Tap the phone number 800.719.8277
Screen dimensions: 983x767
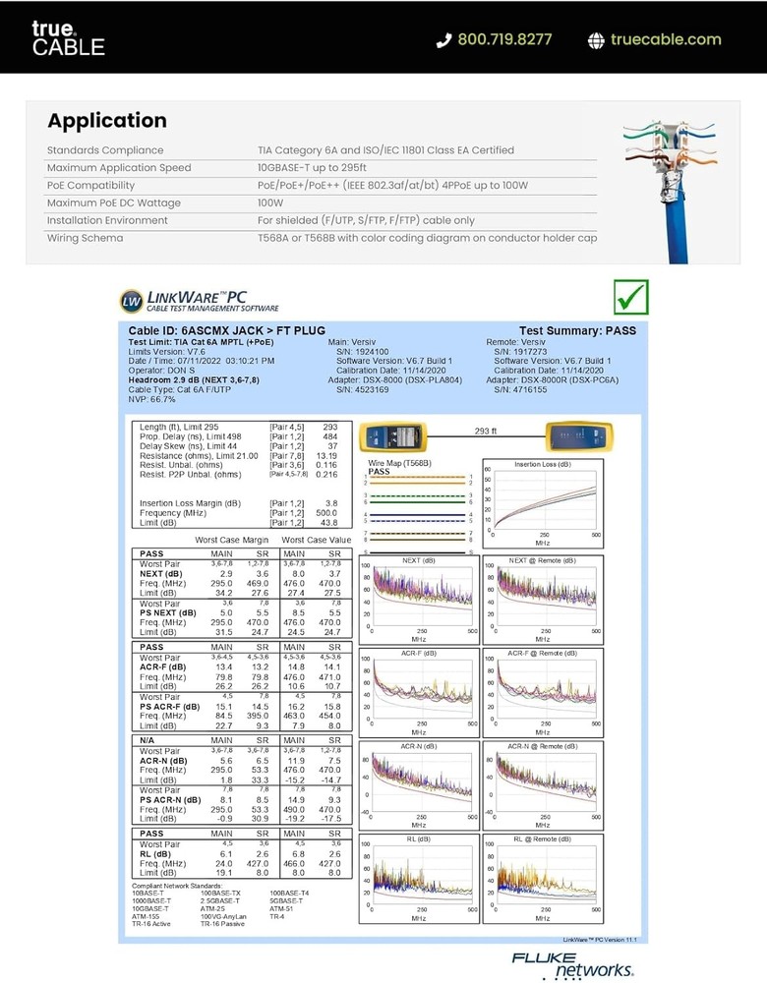point(504,40)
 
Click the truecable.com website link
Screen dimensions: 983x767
point(666,40)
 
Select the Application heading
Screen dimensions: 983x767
point(107,121)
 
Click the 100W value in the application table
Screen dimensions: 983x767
point(270,203)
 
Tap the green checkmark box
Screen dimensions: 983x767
point(630,295)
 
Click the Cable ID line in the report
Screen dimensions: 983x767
point(227,331)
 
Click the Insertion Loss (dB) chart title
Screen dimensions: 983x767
point(542,463)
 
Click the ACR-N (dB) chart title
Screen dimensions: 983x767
point(418,747)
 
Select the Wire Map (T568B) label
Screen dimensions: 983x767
point(399,462)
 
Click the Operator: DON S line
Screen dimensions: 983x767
point(162,370)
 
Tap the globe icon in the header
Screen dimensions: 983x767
point(596,40)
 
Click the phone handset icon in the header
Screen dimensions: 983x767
point(443,40)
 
